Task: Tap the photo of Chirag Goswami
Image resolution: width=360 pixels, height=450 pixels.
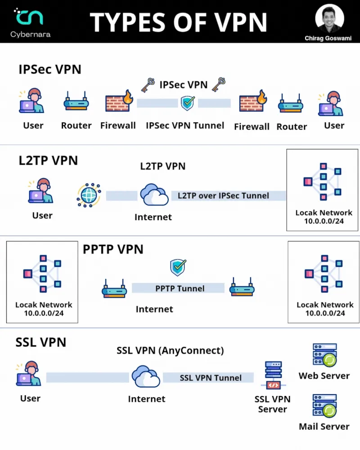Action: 329,18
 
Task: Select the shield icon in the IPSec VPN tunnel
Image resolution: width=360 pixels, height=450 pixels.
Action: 187,103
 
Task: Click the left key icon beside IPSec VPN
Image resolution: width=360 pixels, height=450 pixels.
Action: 148,84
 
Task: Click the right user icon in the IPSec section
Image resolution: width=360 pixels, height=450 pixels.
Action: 332,103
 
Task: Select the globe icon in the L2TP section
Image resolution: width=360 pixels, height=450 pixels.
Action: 89,195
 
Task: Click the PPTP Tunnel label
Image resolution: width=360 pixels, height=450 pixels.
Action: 180,288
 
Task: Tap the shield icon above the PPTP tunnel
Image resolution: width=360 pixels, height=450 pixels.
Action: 178,267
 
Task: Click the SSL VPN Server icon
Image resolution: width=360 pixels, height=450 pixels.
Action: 272,375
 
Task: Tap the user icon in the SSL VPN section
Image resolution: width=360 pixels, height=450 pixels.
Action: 30,373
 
